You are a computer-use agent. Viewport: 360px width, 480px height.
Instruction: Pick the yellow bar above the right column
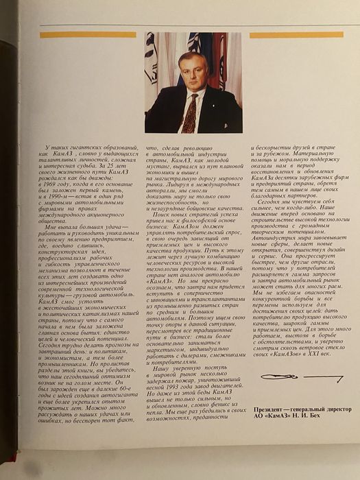pyautogui.click(x=296, y=34)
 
